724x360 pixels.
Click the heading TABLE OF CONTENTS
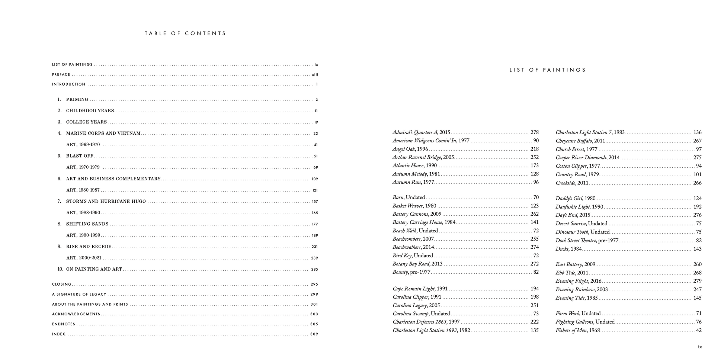[x=185, y=33]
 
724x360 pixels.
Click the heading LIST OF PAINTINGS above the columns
[x=547, y=70]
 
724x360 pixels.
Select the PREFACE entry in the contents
[x=61, y=75]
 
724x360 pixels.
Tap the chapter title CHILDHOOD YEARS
[x=90, y=111]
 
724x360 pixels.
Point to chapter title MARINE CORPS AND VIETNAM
[x=103, y=134]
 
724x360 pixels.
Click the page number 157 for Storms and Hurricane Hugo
[x=315, y=202]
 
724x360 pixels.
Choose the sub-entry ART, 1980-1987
[x=83, y=190]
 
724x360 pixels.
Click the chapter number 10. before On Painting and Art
[x=60, y=269]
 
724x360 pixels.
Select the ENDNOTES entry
[x=64, y=324]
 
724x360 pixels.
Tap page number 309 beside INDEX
[x=314, y=334]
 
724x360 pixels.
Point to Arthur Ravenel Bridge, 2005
[x=423, y=157]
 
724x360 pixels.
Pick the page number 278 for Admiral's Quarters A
[x=534, y=132]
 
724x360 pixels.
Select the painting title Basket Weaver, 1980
[x=414, y=206]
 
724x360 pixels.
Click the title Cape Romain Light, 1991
[x=420, y=289]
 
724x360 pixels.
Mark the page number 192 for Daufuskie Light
[x=697, y=207]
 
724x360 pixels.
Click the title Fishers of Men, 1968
[x=577, y=330]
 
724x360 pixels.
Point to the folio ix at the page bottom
[x=700, y=347]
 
